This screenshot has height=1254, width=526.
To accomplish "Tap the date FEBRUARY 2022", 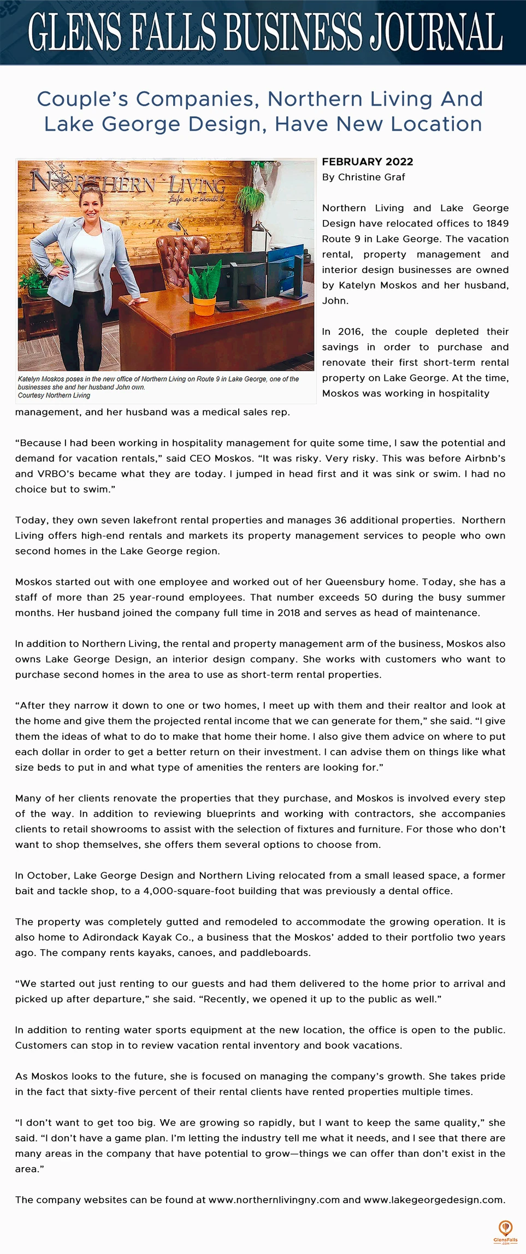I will [368, 162].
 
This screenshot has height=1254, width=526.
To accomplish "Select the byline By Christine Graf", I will [363, 177].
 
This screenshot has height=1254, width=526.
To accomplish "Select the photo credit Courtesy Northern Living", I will [54, 395].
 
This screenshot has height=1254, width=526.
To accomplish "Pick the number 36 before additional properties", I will [340, 520].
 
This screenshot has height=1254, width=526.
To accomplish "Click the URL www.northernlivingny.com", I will [274, 1199].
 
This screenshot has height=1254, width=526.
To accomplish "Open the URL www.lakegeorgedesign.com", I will [434, 1199].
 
